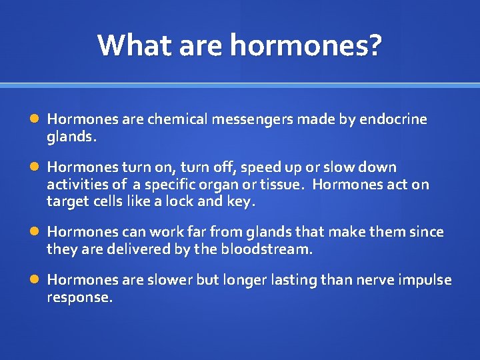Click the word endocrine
[393, 119]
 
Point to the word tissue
[281, 184]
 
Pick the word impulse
[423, 280]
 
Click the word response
[79, 297]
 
